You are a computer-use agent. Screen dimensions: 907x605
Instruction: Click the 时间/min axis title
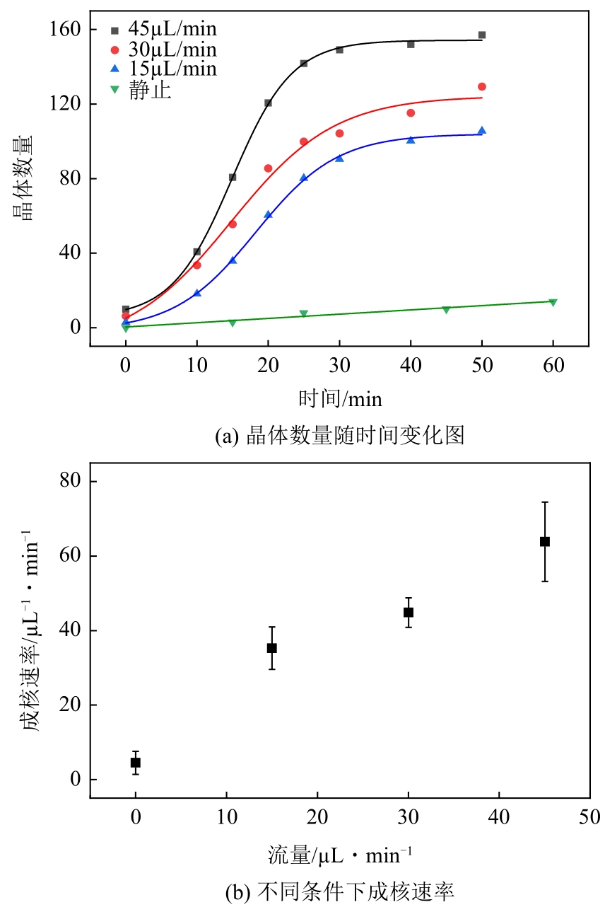340,399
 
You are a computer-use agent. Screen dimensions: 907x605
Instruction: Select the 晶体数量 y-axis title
27,178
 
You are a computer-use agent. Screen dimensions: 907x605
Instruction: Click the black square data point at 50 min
482,35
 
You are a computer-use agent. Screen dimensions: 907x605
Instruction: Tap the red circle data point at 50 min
482,86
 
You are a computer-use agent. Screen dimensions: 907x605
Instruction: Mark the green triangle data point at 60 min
553,302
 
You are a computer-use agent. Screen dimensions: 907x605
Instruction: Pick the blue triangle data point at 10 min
197,293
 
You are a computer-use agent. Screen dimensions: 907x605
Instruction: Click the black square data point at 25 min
304,64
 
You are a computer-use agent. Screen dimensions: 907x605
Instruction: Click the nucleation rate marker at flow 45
545,542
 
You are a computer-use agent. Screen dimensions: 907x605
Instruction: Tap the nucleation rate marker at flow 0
136,763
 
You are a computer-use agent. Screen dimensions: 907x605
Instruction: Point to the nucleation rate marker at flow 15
272,648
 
